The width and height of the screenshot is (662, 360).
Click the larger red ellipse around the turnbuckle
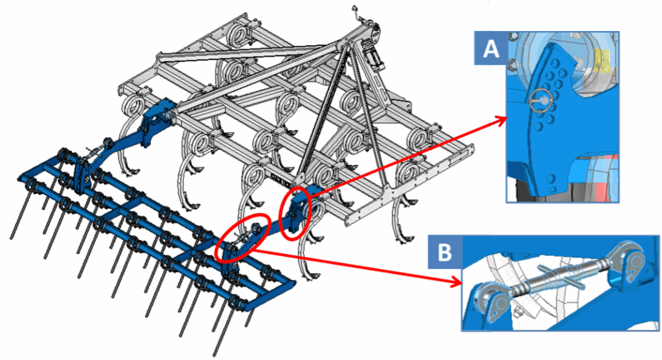[240, 240]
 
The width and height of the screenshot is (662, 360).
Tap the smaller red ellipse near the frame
[295, 213]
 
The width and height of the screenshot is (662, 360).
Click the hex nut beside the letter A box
[511, 65]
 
